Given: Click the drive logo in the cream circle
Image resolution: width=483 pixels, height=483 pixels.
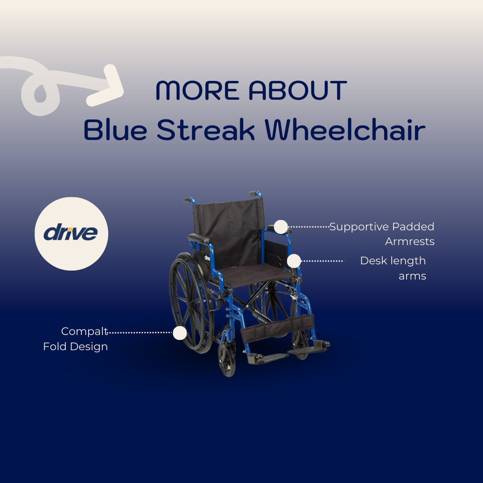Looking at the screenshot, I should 71,233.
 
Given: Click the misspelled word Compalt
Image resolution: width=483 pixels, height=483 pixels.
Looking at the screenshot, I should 85,331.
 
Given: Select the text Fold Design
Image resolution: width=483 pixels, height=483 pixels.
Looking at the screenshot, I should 76,347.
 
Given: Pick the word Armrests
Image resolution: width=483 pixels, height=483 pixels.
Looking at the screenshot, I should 410,242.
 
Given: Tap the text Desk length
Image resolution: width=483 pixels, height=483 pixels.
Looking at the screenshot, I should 393,261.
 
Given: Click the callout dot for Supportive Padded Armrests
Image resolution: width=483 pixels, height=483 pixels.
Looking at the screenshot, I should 280,227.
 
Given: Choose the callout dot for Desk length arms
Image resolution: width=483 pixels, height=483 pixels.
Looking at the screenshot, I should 294,261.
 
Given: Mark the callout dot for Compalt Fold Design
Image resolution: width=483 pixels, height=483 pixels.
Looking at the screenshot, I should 180,332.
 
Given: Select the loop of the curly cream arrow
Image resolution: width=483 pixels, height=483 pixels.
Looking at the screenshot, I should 40,92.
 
